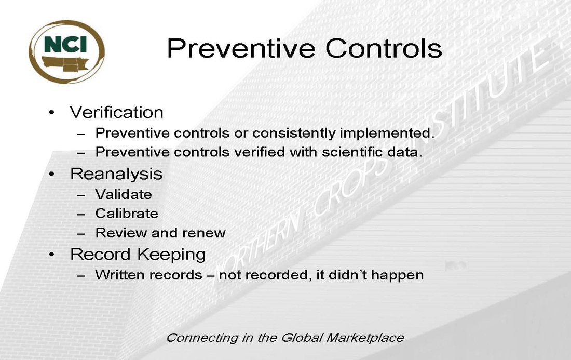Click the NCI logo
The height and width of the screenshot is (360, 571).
point(66,52)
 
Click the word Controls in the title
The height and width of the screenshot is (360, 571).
point(384,48)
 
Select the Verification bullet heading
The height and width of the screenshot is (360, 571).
point(116,112)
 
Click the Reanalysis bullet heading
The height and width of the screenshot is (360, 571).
point(116,174)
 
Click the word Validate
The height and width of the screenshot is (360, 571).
point(124,194)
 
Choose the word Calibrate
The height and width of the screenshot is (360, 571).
point(127,214)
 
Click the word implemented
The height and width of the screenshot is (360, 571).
point(387,134)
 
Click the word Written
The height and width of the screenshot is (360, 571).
point(121,275)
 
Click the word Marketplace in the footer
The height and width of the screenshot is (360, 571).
point(365,338)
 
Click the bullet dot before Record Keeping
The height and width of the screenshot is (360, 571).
point(52,255)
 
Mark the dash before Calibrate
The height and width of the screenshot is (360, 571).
point(81,214)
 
